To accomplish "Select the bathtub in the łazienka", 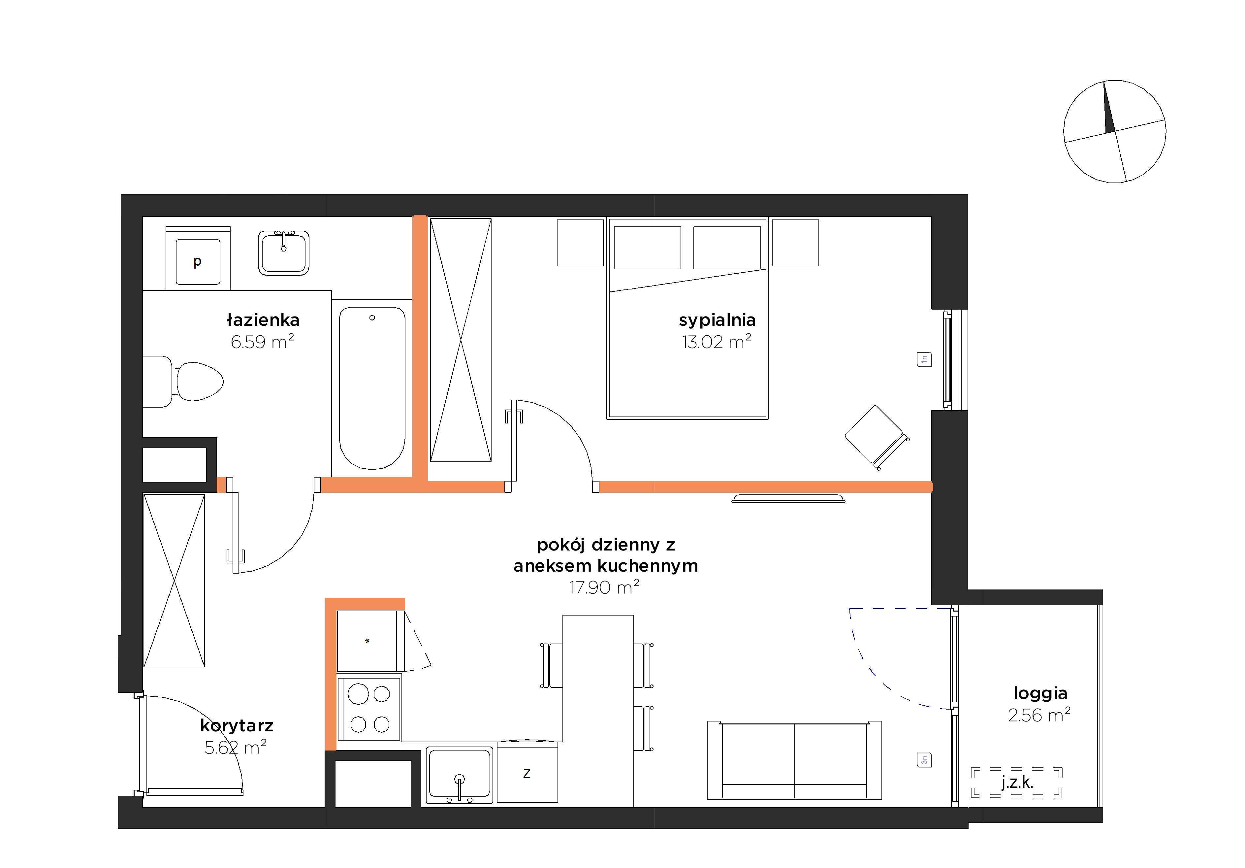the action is pyautogui.click(x=372, y=387).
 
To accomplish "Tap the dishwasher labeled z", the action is pyautogui.click(x=527, y=773).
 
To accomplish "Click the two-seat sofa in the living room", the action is pyautogui.click(x=794, y=760).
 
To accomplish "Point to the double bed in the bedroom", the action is pyautogui.click(x=687, y=318).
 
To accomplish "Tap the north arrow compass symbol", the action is pyautogui.click(x=1114, y=131).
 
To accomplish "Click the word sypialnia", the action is pyautogui.click(x=717, y=320).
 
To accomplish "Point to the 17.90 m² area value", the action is pyautogui.click(x=604, y=587).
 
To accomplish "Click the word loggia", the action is pyautogui.click(x=1040, y=693).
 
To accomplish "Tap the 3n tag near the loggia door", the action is pyautogui.click(x=924, y=760).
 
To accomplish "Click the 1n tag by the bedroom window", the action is pyautogui.click(x=924, y=359).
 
